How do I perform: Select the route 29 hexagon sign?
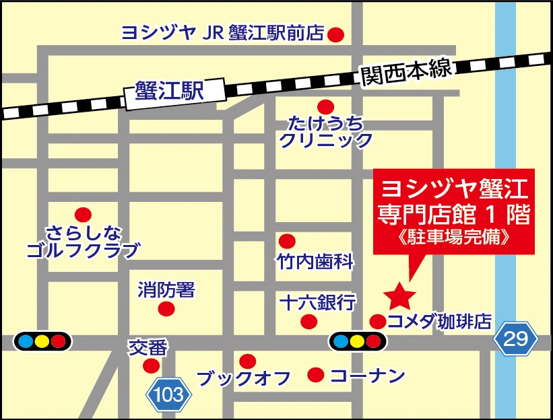517,339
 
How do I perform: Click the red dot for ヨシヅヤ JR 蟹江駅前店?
335,34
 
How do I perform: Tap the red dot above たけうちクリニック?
326,106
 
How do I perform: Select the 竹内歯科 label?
315,262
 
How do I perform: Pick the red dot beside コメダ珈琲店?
378,321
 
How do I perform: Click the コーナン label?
367,375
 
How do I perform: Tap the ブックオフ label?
243,378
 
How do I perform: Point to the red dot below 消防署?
166,309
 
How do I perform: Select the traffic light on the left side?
42,341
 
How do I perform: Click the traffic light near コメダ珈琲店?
358,341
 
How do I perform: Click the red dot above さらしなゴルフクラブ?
82,215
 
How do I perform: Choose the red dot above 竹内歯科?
288,241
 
